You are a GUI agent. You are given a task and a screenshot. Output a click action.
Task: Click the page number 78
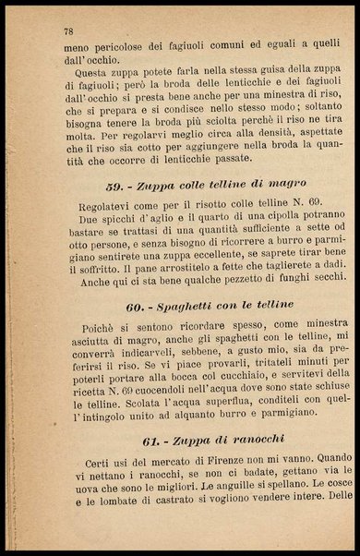click(x=68, y=30)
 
